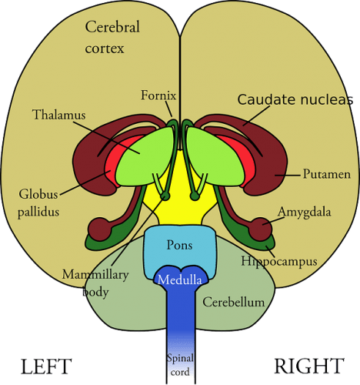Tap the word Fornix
click(x=158, y=96)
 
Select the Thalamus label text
click(x=58, y=115)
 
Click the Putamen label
click(x=326, y=175)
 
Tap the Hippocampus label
click(x=278, y=262)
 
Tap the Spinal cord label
click(x=179, y=364)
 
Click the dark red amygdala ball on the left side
click(x=99, y=229)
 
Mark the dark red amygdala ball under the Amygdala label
click(x=260, y=229)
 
